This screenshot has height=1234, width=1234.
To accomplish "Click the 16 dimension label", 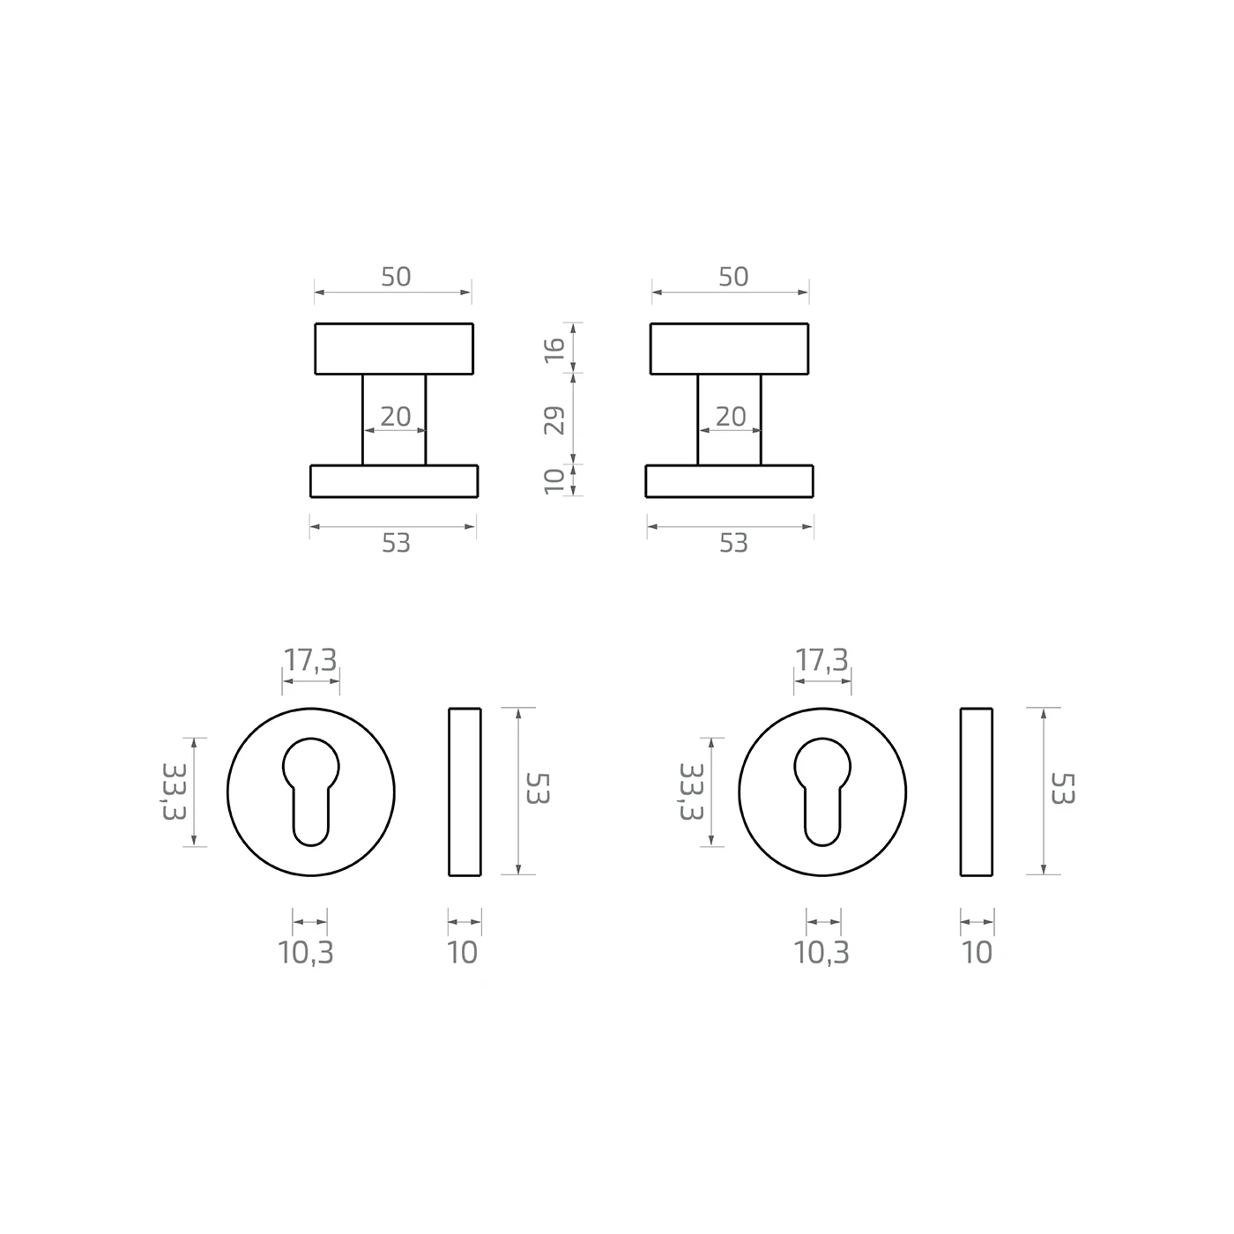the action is click(554, 350).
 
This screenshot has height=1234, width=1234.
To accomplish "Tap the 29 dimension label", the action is click(554, 420).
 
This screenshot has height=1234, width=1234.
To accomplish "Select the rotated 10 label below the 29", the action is click(554, 481).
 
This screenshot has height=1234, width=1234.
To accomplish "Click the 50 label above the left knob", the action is click(396, 277).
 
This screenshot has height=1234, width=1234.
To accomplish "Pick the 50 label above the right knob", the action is click(733, 277).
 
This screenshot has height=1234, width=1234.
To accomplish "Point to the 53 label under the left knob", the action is click(396, 543).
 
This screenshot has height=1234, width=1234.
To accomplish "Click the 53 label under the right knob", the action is click(733, 543).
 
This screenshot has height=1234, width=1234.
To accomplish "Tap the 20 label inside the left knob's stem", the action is click(396, 417).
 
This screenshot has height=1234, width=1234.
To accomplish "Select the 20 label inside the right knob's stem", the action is click(731, 417).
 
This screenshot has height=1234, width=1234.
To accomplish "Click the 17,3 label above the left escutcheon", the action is click(310, 661).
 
